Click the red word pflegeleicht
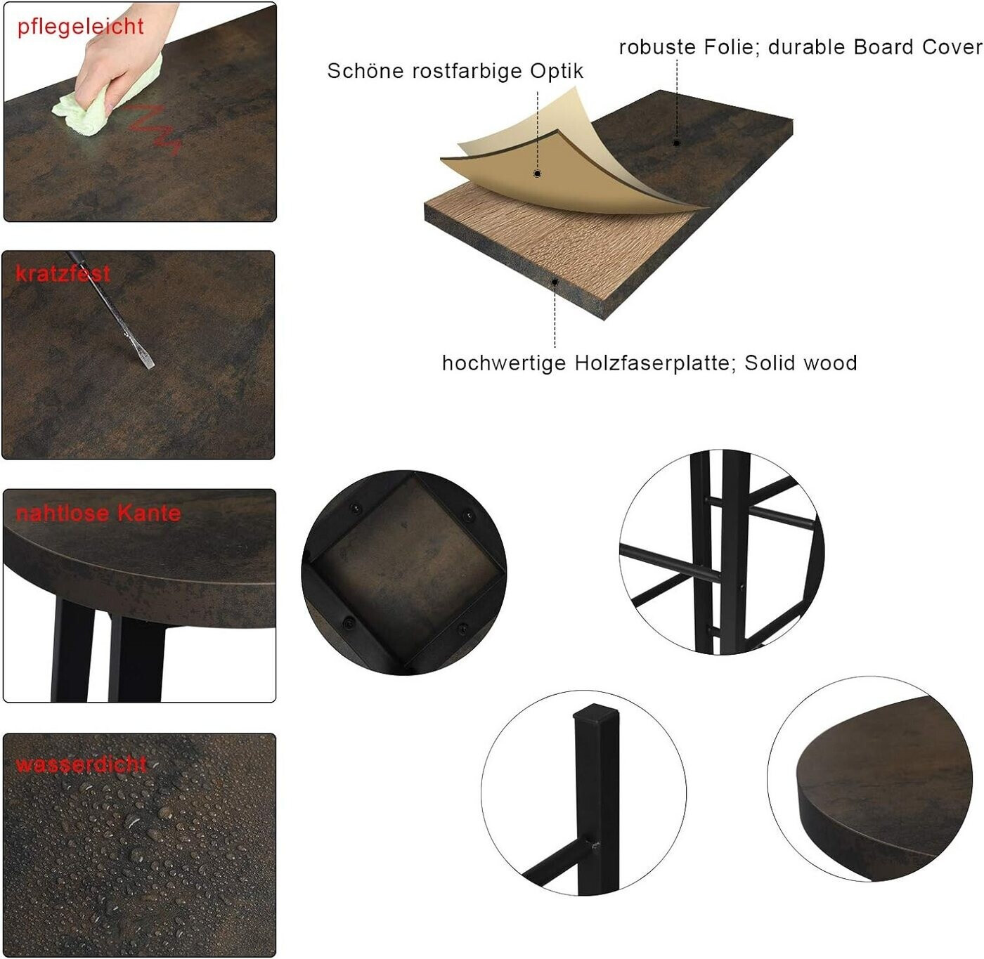click(80, 26)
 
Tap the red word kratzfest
click(63, 273)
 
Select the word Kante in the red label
click(149, 513)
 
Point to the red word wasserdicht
click(81, 764)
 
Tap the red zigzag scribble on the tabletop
click(154, 129)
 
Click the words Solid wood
click(801, 363)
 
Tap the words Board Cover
click(918, 47)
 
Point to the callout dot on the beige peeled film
click(538, 174)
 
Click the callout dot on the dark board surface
click(677, 143)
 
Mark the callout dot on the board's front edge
click(555, 282)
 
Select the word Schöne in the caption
click(365, 70)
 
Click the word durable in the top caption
click(806, 47)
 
